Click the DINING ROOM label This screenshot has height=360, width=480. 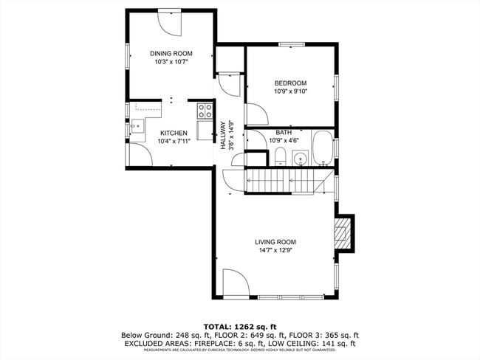(171, 53)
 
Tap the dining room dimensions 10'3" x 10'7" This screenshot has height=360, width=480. (171, 63)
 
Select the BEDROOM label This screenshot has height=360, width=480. (289, 83)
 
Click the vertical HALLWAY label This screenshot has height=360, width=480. (222, 136)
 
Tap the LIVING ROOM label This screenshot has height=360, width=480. (275, 242)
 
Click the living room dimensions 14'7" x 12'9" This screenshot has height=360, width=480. (275, 251)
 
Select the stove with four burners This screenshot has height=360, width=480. (204, 111)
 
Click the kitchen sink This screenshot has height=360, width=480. (135, 127)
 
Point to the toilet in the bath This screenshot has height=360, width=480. (280, 156)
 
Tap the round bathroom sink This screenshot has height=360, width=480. (300, 158)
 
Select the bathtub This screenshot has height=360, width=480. (323, 148)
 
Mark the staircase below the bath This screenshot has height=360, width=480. (284, 181)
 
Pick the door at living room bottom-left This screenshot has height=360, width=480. (234, 284)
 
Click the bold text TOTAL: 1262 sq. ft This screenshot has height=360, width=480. (239, 325)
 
